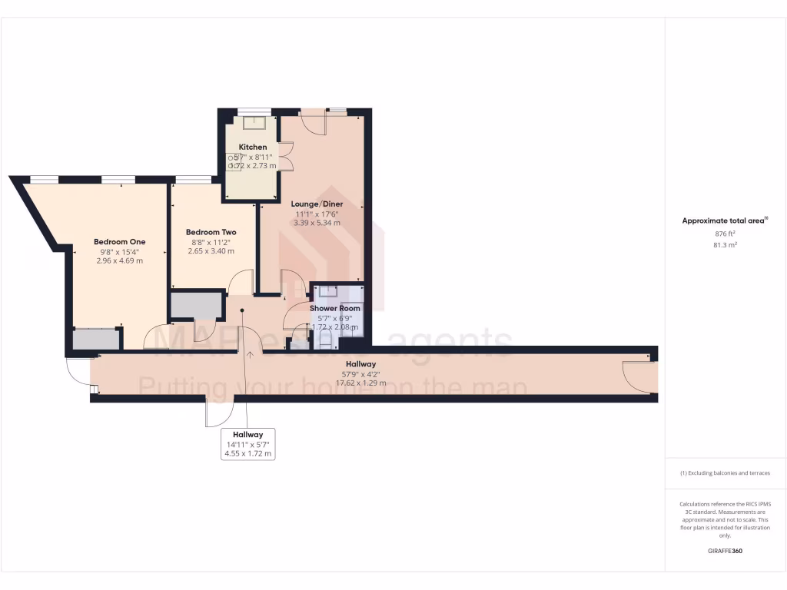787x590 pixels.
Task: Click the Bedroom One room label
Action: tap(119, 242)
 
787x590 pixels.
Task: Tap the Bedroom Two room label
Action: tap(211, 232)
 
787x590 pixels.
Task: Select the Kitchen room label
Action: tap(253, 147)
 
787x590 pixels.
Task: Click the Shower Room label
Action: tap(335, 309)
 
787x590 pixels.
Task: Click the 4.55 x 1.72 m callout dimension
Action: tap(247, 453)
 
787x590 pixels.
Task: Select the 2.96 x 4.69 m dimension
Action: tap(119, 260)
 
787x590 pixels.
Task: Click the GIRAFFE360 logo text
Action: tap(725, 551)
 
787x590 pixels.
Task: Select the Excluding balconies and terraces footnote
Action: tap(725, 473)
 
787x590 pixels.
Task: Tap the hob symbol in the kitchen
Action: tap(234, 161)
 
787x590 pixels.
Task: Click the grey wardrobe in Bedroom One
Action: tap(96, 339)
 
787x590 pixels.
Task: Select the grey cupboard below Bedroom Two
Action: tap(197, 305)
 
